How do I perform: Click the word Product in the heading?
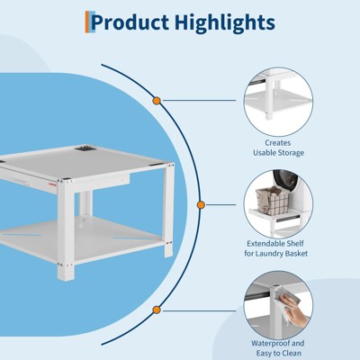point(130,22)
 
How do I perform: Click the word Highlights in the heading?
point(225,22)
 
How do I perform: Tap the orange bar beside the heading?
point(87,22)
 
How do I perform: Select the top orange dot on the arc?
point(157,101)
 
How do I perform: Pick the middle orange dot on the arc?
point(201,205)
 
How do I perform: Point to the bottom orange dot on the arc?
point(157,310)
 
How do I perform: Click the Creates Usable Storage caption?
point(278,148)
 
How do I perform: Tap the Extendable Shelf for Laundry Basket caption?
point(276,248)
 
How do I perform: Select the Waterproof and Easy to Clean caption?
point(278,348)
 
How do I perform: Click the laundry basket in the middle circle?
point(273,200)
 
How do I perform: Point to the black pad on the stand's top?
point(85,148)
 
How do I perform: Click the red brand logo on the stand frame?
point(53,185)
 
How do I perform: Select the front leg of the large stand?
point(66,229)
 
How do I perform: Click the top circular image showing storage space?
point(278,102)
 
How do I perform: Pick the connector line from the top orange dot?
point(199,101)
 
